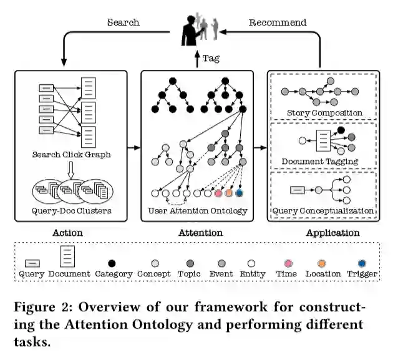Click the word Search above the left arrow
(x=123, y=23)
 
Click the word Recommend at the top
(x=278, y=23)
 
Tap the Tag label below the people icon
(x=211, y=59)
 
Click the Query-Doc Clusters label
(x=72, y=210)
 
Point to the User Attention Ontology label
(x=197, y=210)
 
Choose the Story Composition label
(x=324, y=113)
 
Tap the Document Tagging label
(x=320, y=161)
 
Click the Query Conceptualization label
(x=323, y=210)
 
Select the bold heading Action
(x=69, y=233)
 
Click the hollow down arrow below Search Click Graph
(x=72, y=169)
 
